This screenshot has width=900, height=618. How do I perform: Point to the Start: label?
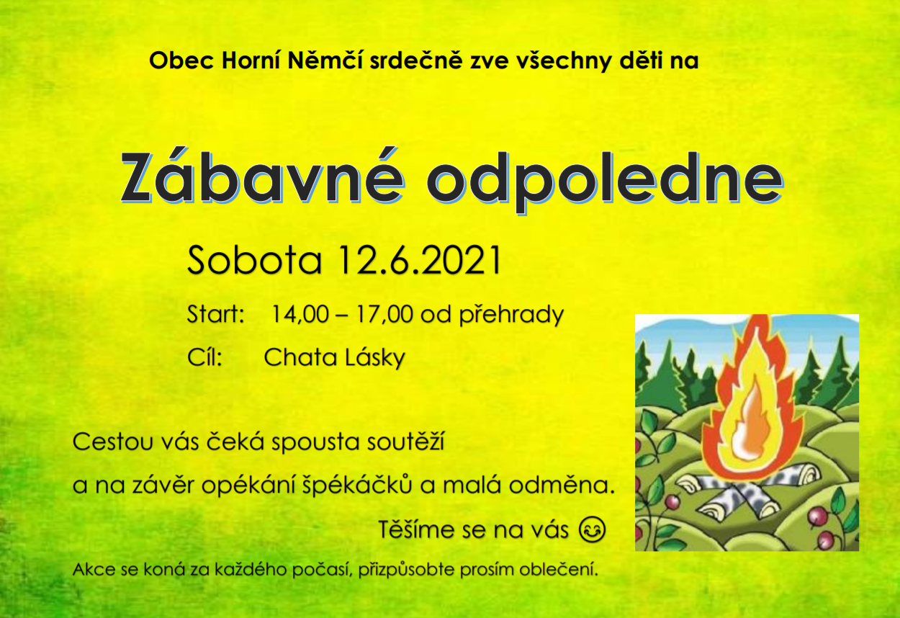click(216, 314)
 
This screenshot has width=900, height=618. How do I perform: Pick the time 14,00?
click(300, 314)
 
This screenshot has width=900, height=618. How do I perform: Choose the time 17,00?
click(384, 314)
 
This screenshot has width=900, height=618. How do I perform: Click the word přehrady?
click(511, 315)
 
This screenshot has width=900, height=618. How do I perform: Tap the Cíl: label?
click(204, 357)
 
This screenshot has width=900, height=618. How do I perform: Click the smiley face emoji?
click(592, 529)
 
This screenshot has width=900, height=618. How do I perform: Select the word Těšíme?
click(420, 529)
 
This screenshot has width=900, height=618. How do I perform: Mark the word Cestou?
click(114, 442)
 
